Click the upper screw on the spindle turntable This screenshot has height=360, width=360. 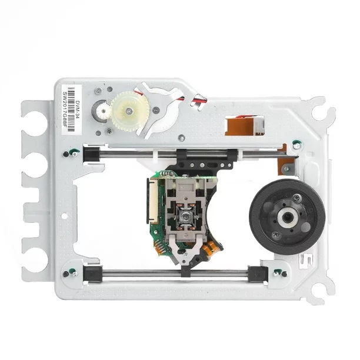pyautogui.click(x=296, y=198)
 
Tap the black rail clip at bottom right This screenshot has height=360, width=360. pyautogui.click(x=256, y=273)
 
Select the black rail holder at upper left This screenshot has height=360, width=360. pyautogui.click(x=91, y=154)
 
